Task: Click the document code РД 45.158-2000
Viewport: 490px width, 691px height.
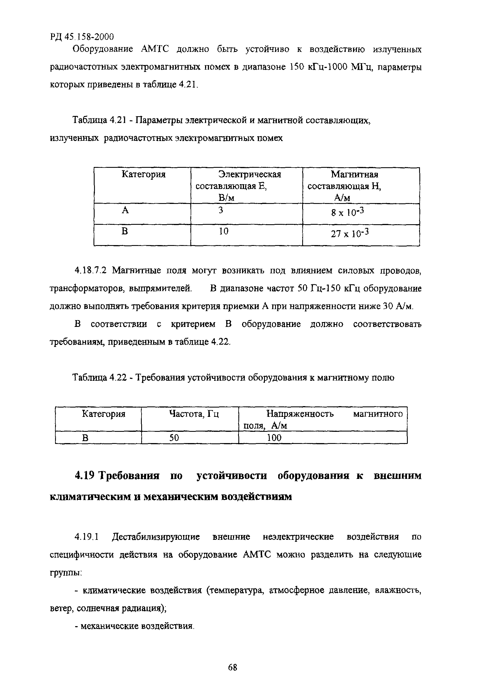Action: (82, 37)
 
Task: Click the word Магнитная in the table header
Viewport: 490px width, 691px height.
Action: (354, 174)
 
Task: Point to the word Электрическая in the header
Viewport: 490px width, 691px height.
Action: (250, 174)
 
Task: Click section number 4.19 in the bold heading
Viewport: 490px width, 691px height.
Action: (85, 476)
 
